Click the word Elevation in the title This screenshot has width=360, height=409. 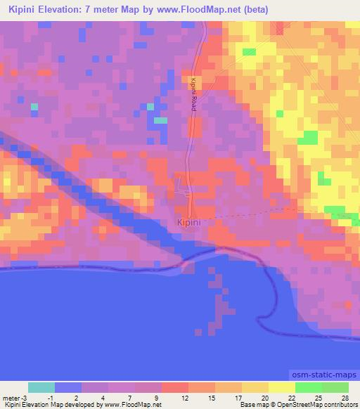coord(63,9)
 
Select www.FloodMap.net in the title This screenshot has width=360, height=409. coord(200,9)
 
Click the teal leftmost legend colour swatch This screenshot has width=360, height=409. coord(41,387)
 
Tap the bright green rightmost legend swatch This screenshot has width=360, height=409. coord(335,387)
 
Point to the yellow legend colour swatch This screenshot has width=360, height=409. coord(281,387)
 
